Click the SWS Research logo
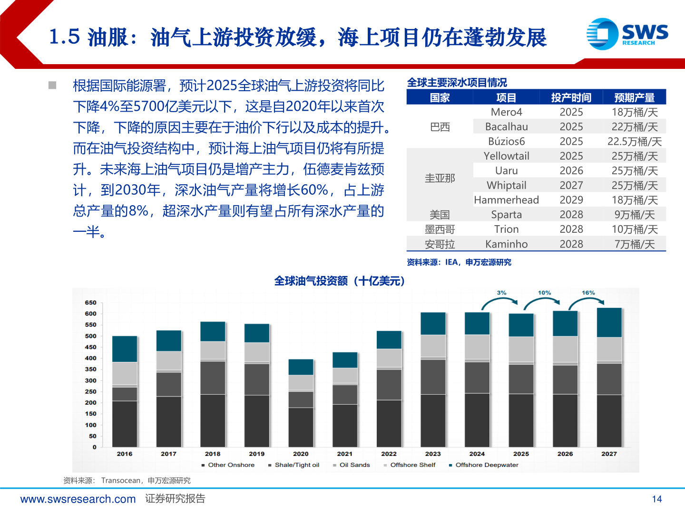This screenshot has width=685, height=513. tap(627, 34)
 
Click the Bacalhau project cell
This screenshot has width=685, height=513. tap(506, 127)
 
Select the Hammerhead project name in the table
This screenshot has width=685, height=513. tap(506, 200)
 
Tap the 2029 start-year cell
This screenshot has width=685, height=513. tap(571, 200)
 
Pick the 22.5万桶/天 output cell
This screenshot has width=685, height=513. tap(634, 142)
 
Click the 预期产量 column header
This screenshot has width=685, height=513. tap(634, 98)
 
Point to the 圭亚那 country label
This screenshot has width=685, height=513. tap(440, 178)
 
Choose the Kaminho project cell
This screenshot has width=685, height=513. tap(506, 244)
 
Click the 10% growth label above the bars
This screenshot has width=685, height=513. tap(544, 293)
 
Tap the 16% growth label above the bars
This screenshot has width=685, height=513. tap(588, 293)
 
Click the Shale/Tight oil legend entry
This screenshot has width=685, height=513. tap(296, 465)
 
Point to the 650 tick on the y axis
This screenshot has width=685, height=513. tap(90, 303)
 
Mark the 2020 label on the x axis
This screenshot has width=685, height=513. tap(301, 454)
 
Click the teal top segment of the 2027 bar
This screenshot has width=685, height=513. tap(609, 323)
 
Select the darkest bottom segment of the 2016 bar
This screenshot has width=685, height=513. tap(125, 423)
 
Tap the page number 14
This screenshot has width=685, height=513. tap(656, 499)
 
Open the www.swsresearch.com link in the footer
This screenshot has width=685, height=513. tap(78, 499)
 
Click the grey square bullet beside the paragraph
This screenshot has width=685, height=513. tap(52, 85)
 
